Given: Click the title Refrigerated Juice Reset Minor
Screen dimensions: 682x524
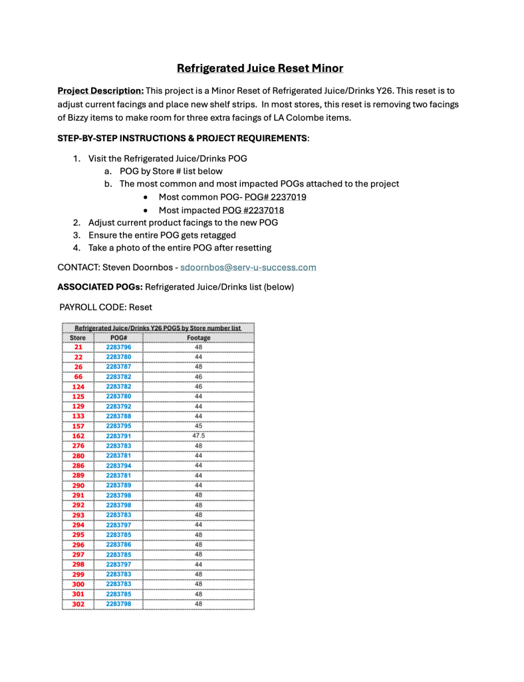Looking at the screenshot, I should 260,69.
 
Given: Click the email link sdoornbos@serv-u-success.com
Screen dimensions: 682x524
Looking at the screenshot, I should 248,267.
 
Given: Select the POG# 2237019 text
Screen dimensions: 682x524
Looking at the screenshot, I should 275,197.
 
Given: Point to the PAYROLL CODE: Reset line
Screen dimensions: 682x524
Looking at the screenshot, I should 106,307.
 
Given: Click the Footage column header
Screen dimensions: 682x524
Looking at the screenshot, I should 198,338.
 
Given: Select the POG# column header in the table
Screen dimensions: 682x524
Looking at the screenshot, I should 118,338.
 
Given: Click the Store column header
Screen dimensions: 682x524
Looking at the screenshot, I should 78,338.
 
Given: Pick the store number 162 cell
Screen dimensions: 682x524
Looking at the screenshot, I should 78,436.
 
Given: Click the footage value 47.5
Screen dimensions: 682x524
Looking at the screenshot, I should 198,436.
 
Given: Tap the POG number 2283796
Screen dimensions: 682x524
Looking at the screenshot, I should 118,347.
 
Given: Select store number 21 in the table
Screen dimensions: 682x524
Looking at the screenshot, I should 78,347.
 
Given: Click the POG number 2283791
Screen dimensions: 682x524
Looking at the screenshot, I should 118,436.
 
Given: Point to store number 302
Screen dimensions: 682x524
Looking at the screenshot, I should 78,604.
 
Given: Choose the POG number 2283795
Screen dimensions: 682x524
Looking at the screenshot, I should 118,426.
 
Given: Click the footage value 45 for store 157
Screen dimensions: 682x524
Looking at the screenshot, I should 198,426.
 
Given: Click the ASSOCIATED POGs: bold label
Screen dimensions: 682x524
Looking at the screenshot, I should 100,287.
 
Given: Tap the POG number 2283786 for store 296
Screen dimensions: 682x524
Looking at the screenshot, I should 118,545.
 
